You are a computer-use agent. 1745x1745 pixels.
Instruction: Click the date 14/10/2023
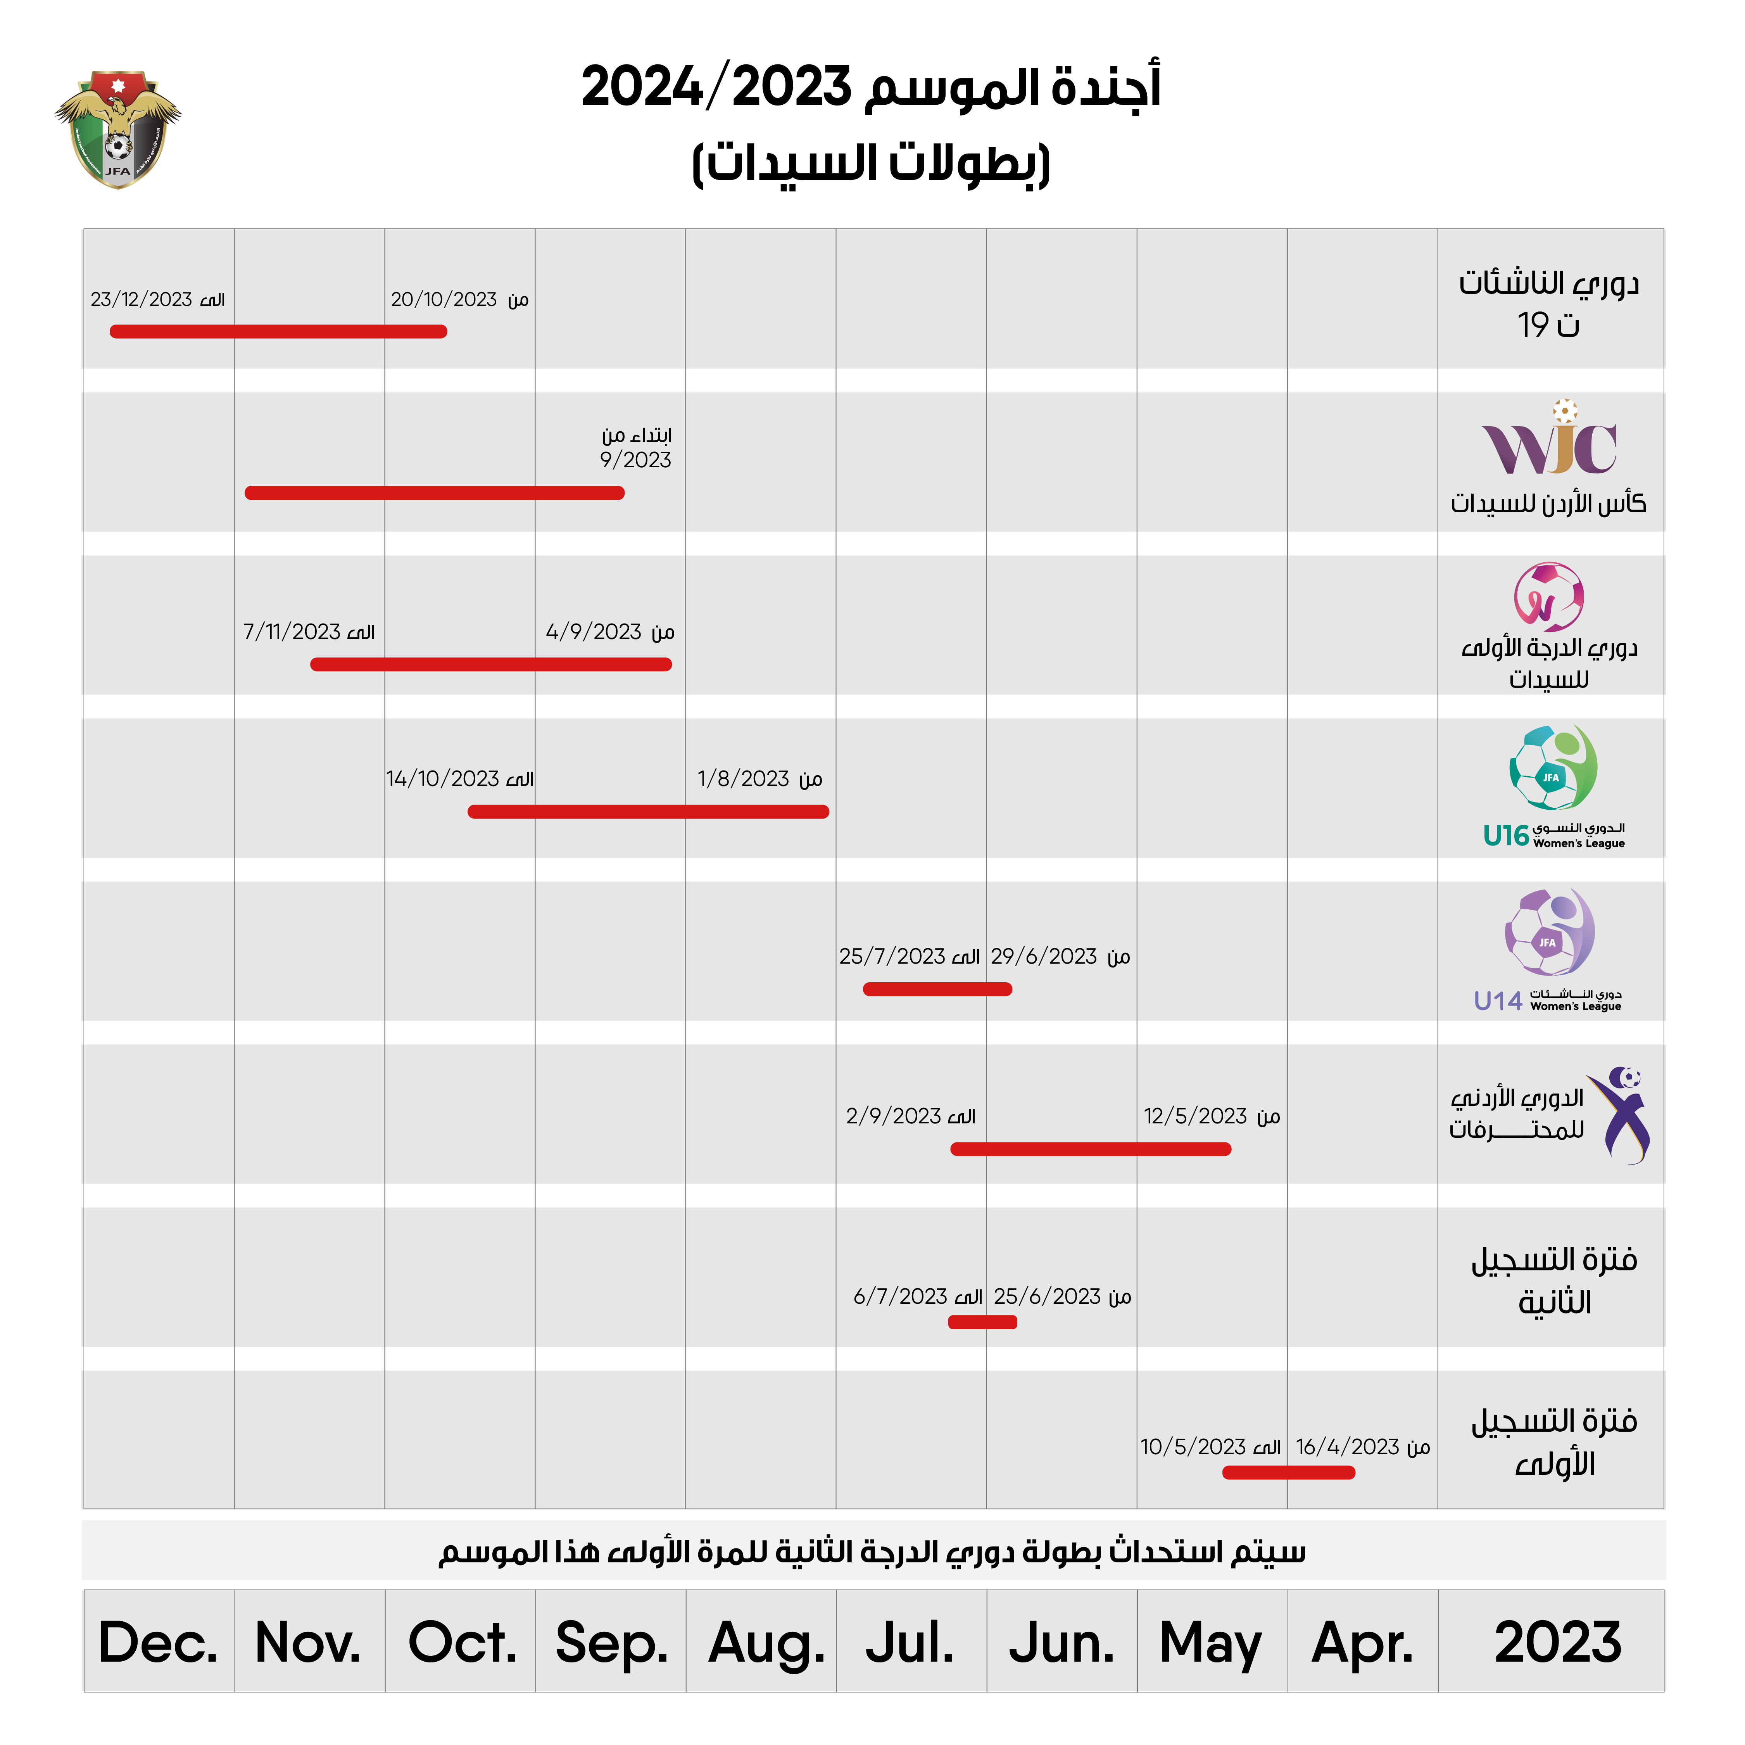[x=443, y=779]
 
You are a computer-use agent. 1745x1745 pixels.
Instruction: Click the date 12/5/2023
[x=1195, y=1116]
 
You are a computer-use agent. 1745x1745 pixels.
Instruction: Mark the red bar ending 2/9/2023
[x=1090, y=1149]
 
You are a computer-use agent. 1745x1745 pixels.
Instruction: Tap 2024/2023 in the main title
[x=716, y=88]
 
